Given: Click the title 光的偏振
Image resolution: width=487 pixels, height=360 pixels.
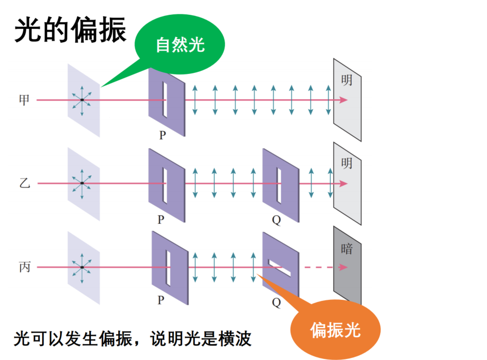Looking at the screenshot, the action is pos(70,30).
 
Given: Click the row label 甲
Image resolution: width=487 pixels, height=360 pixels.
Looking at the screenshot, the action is pos(24,100).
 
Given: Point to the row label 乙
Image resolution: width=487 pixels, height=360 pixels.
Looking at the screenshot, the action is pos(24,183).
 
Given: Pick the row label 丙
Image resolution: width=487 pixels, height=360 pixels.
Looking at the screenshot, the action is pos(24,267).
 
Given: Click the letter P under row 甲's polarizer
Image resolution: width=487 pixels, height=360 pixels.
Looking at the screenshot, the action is pos(163,135).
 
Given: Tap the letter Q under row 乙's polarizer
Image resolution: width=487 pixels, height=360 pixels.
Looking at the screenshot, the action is pos(276,220).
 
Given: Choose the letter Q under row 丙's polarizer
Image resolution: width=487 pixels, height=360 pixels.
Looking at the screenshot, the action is pos(276,302).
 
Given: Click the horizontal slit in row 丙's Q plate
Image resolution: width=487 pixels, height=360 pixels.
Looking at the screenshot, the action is pos(279,268).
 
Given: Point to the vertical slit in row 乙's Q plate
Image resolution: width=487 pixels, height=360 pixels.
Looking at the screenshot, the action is pos(279,186).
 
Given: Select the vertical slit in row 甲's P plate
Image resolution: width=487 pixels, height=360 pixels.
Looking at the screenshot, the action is pos(165,100).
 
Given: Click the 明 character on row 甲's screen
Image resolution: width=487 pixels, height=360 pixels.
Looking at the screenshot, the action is pos(346,80).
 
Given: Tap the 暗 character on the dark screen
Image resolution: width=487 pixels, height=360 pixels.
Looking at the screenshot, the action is pos(346,249).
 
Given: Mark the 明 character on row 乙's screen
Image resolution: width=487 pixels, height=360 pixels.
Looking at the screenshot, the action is pos(346,163).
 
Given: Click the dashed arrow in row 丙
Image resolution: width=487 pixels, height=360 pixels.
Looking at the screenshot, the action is pos(325,267).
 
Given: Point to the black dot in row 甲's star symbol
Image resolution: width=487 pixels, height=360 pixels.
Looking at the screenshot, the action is pos(82,100).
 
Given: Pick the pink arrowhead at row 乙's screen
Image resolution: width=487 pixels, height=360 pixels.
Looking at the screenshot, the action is pos(343,183).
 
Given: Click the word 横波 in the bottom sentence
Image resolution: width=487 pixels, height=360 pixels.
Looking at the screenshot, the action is pos(235,338).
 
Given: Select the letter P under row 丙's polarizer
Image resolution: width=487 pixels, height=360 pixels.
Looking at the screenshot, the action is pos(161,300).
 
